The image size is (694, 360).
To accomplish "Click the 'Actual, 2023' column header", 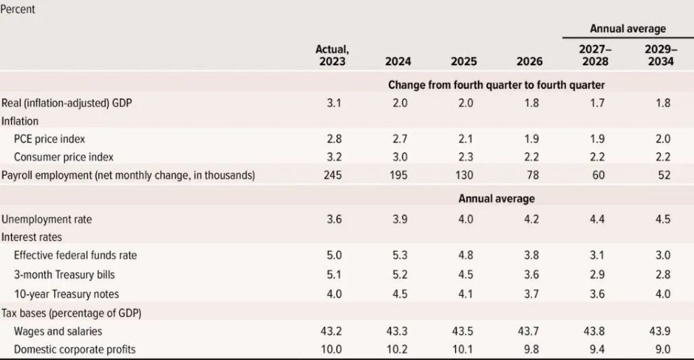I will tap(331, 55).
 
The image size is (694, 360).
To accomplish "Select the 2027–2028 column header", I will tap(594, 55).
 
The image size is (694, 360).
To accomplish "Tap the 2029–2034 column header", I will tap(660, 55).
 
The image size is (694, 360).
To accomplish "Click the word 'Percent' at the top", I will tap(18, 10).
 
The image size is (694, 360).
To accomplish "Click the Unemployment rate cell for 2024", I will tap(398, 218).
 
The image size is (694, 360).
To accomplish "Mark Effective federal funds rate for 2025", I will tap(466, 255).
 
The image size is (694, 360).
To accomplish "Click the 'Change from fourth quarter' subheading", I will tap(496, 85).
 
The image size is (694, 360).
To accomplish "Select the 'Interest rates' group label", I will tap(33, 237).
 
